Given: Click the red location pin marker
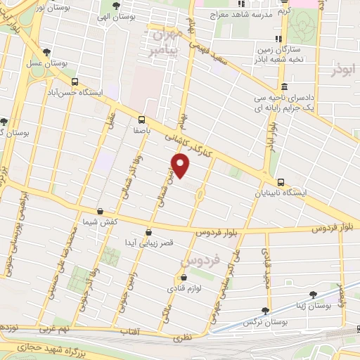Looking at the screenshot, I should (x=181, y=166).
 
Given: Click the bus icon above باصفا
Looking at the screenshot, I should (x=142, y=119).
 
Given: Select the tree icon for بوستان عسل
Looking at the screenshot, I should (x=46, y=51).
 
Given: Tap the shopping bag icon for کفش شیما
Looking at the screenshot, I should (x=100, y=211).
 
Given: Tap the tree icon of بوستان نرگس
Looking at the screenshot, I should (x=265, y=310).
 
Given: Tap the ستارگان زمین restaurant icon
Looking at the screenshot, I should (x=279, y=39).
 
